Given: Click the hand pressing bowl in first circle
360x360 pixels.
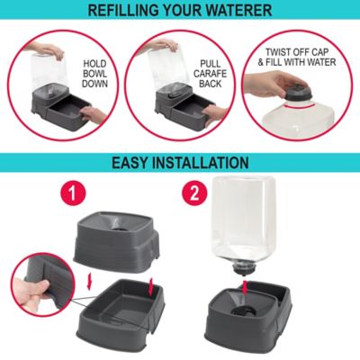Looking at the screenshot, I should [x=90, y=115].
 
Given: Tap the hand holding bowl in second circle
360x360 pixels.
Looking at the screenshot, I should [x=213, y=113].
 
